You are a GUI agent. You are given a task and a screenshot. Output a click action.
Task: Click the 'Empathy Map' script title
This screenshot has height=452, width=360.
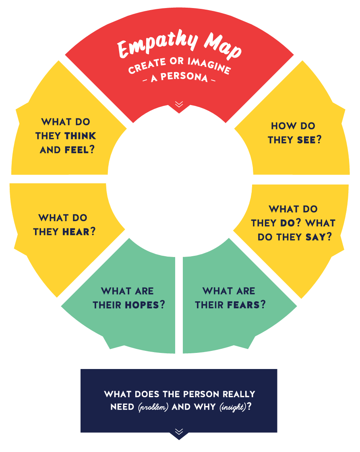pos(179,46)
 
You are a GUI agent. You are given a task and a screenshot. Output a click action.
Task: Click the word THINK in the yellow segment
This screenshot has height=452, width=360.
pos(80,136)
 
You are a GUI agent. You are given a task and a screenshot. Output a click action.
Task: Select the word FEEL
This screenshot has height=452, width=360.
pos(77,150)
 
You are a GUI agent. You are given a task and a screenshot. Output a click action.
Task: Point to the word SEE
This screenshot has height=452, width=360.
pos(306,140)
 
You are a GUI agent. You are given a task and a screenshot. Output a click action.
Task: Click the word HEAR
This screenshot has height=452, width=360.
pos(75,232)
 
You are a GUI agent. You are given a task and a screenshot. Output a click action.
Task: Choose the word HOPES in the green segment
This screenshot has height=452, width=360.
pos(142,305)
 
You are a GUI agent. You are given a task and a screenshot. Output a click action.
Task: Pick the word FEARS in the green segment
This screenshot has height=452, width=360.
pos(243,305)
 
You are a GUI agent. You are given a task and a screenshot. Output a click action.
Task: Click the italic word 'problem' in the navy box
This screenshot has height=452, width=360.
pos(153,407)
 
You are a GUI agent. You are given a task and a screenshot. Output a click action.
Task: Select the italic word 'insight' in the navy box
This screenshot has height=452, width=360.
pos(233,407)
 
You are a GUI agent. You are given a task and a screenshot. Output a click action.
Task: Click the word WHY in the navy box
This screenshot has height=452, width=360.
pos(205,407)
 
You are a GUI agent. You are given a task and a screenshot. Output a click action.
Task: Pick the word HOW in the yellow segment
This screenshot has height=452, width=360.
pos(281,126)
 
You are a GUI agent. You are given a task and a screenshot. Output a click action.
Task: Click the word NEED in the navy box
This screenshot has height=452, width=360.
pos(122,407)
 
